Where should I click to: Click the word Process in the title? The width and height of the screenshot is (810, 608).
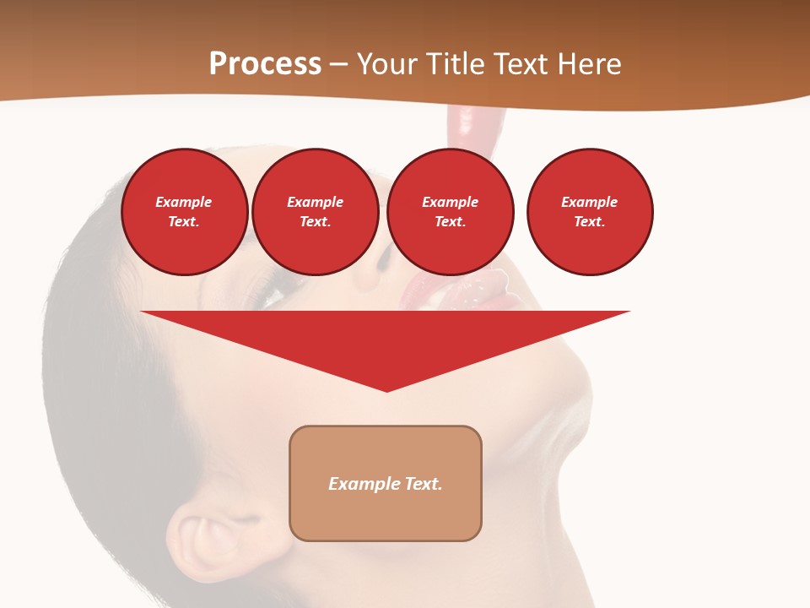pyautogui.click(x=265, y=64)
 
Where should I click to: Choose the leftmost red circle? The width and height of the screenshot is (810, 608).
pyautogui.click(x=185, y=212)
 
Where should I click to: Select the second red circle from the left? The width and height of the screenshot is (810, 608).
pyautogui.click(x=316, y=212)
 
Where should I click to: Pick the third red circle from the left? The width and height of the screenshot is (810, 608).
pyautogui.click(x=451, y=212)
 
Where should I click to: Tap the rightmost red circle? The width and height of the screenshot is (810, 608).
pyautogui.click(x=590, y=212)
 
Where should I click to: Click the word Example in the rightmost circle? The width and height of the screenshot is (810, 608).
pyautogui.click(x=590, y=202)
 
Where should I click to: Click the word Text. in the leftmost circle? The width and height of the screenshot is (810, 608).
pyautogui.click(x=184, y=222)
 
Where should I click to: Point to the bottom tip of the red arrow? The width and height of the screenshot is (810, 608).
pyautogui.click(x=386, y=390)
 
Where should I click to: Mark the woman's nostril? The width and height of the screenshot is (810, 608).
pyautogui.click(x=381, y=261)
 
